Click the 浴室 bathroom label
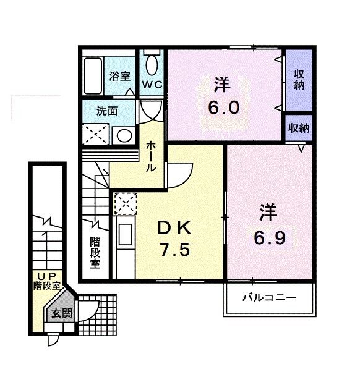coord(120,77)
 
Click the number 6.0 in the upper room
coord(222,106)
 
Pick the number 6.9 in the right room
coord(268,237)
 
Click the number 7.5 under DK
coord(172,251)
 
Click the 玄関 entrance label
coord(61,313)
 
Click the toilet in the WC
coord(152,64)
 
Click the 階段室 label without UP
coord(95,252)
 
